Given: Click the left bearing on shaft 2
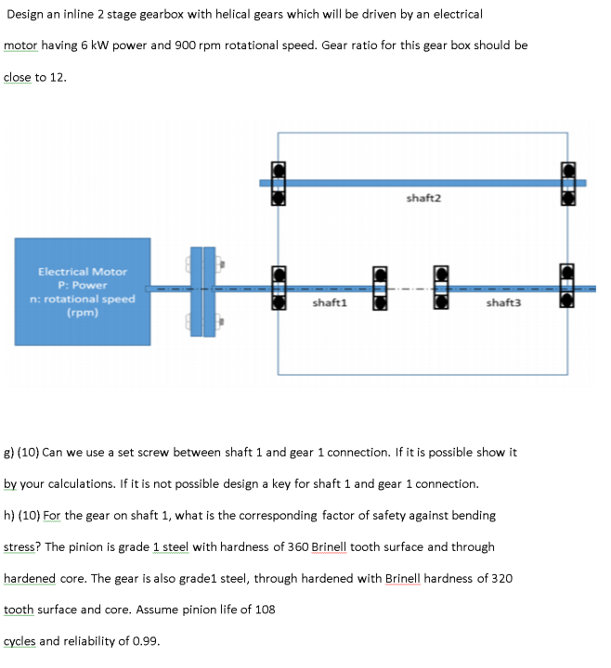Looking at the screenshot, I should click(x=277, y=183).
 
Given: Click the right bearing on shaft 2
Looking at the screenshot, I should click(x=568, y=183).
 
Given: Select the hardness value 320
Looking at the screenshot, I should click(x=500, y=579).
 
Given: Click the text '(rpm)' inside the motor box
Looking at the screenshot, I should click(x=82, y=313).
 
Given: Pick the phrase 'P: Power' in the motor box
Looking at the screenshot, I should click(x=82, y=286).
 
